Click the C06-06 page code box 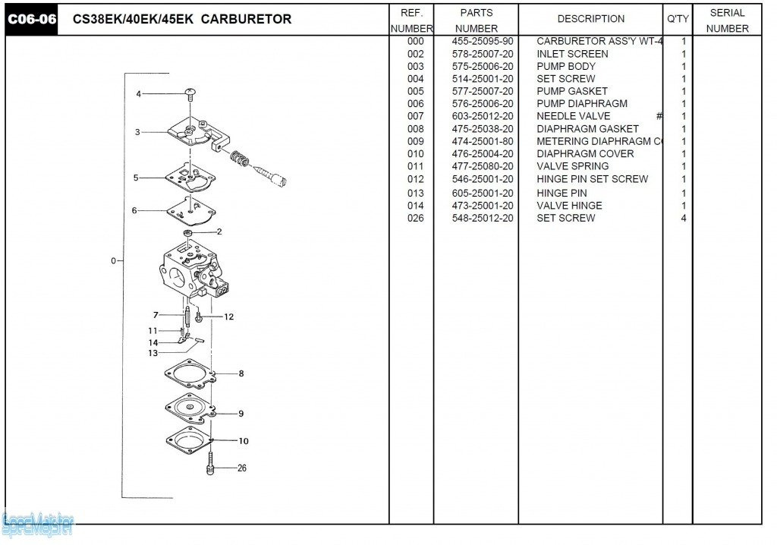(32, 20)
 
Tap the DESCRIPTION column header (590, 19)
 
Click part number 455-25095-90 (482, 41)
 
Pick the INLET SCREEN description (572, 54)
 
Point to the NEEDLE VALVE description (573, 116)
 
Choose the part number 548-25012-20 (482, 218)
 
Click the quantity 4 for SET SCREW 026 (684, 218)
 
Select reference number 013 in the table (415, 193)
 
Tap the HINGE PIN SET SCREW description (592, 179)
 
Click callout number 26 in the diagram (241, 468)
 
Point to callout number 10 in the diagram (243, 441)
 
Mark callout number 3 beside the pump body (137, 132)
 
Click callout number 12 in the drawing (228, 317)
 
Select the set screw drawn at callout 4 (190, 93)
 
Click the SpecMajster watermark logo (38, 522)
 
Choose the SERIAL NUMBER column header (727, 20)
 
